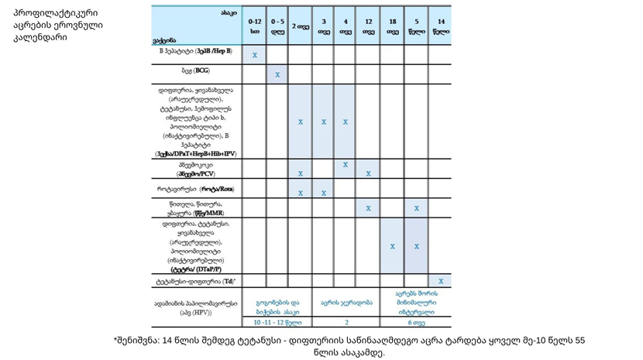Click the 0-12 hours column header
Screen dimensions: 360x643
(254, 26)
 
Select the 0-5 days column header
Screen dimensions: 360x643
(277, 26)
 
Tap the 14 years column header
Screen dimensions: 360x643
(441, 26)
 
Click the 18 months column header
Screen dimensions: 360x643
(393, 26)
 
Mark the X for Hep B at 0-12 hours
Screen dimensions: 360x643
(255, 55)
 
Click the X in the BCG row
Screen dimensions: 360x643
(277, 75)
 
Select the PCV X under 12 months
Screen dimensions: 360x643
(368, 173)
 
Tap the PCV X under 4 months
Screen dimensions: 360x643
(346, 165)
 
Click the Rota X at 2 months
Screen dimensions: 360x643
(301, 193)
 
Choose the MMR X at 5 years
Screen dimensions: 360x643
(417, 208)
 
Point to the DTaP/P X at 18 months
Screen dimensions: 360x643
(393, 246)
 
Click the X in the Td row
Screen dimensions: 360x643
(441, 281)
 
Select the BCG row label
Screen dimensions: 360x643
(197, 70)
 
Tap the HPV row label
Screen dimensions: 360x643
(197, 307)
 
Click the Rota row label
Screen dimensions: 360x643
(197, 189)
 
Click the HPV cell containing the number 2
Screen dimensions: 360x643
(346, 322)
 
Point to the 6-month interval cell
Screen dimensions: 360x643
(417, 322)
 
